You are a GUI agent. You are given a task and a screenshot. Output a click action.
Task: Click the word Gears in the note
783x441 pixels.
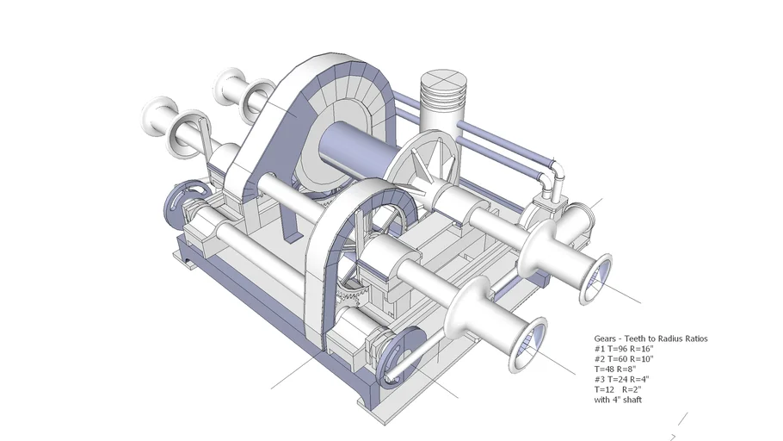coord(605,339)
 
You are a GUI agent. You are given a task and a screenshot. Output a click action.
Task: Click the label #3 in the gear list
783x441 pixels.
coord(600,379)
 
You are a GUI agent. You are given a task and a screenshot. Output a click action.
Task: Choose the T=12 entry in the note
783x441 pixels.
coord(606,389)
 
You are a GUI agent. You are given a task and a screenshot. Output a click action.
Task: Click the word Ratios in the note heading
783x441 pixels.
coord(694,339)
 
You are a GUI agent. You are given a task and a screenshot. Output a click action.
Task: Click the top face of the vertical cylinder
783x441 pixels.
coord(441,84)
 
